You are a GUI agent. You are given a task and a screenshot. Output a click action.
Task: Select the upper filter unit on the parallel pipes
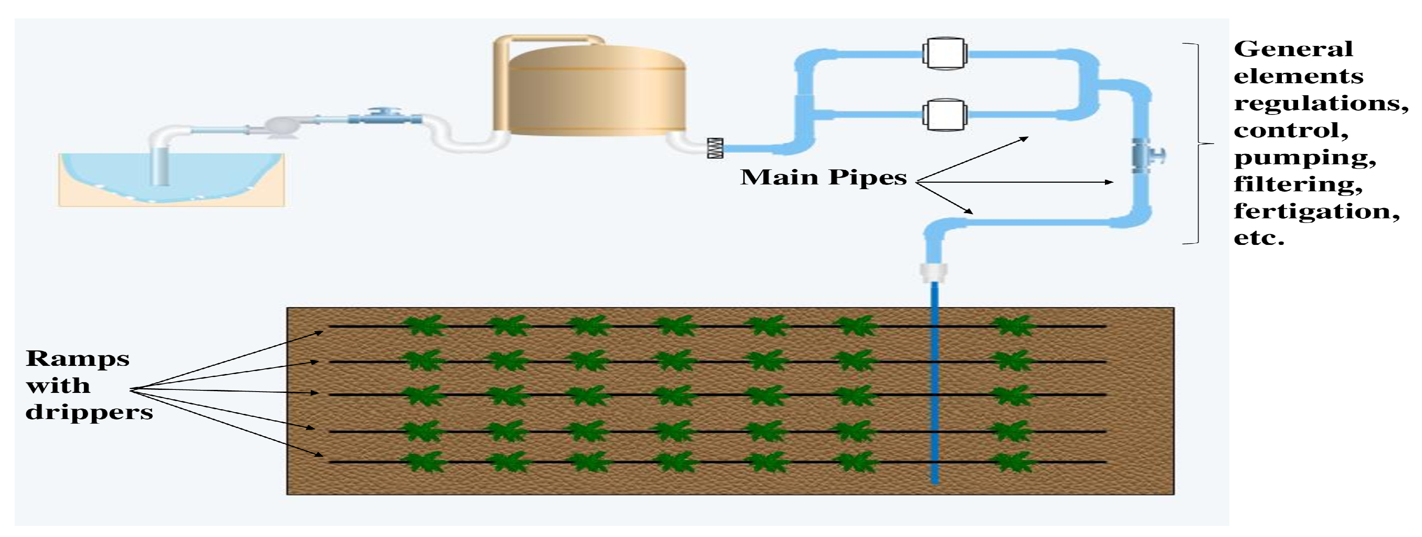945,53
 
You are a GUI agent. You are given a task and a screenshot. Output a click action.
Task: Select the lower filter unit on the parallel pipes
945,115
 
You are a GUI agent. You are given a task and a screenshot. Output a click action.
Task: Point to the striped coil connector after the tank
715,148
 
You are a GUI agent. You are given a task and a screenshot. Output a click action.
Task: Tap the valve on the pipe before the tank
381,117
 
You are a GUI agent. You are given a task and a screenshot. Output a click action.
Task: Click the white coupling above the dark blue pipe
934,272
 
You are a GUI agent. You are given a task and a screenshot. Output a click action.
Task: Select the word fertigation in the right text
1317,211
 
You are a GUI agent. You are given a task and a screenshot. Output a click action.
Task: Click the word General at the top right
1293,49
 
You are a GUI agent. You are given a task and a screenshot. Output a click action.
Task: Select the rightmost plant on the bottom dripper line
1014,462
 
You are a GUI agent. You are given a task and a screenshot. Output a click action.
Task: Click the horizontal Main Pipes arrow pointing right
1016,182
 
